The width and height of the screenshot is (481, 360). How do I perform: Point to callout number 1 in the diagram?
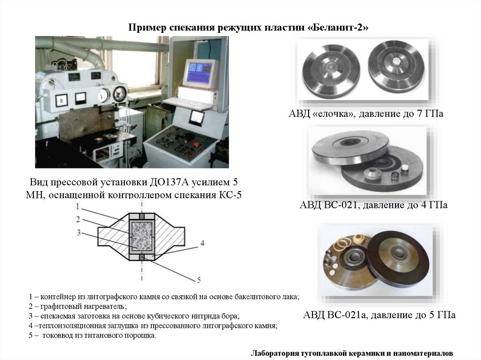pyautogui.click(x=78, y=207)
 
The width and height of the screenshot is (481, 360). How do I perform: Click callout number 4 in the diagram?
pyautogui.click(x=202, y=243)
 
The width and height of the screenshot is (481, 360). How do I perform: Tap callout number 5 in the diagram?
pyautogui.click(x=199, y=280)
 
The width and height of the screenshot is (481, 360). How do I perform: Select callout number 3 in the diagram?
pyautogui.click(x=79, y=232)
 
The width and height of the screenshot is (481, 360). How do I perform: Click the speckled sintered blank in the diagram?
pyautogui.click(x=141, y=236)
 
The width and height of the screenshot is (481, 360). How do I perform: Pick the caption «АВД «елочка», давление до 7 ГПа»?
pyautogui.click(x=366, y=114)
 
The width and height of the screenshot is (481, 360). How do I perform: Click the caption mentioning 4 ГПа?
pyautogui.click(x=373, y=205)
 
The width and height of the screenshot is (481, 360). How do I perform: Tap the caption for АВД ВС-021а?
pyautogui.click(x=379, y=314)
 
